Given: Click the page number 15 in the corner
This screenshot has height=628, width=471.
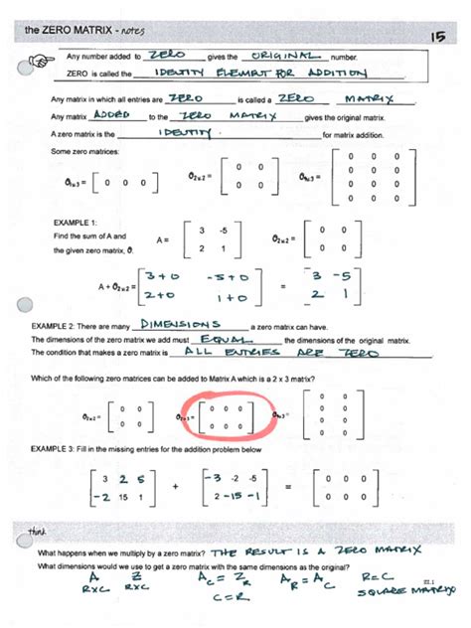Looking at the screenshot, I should coord(437,36).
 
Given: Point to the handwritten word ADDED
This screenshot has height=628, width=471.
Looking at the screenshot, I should coord(124,116).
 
